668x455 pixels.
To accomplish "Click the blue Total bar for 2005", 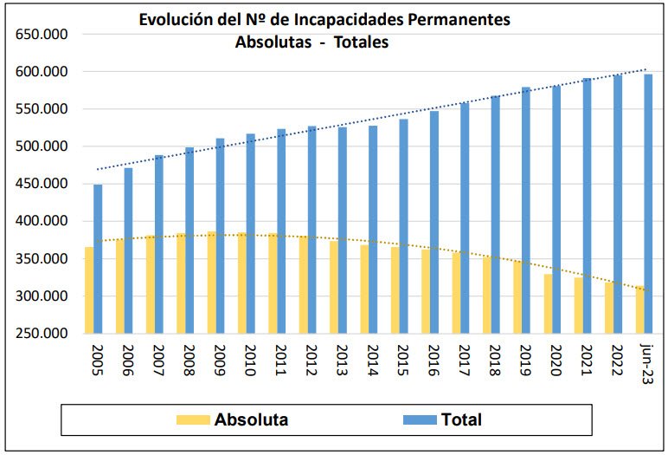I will pyautogui.click(x=98, y=259).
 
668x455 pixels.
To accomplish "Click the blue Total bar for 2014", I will pyautogui.click(x=372, y=230).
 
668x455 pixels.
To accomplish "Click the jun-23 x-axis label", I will pyautogui.click(x=644, y=361).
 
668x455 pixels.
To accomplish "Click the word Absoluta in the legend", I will pyautogui.click(x=252, y=419).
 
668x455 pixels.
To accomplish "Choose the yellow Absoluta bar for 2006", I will pyautogui.click(x=119, y=287).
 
